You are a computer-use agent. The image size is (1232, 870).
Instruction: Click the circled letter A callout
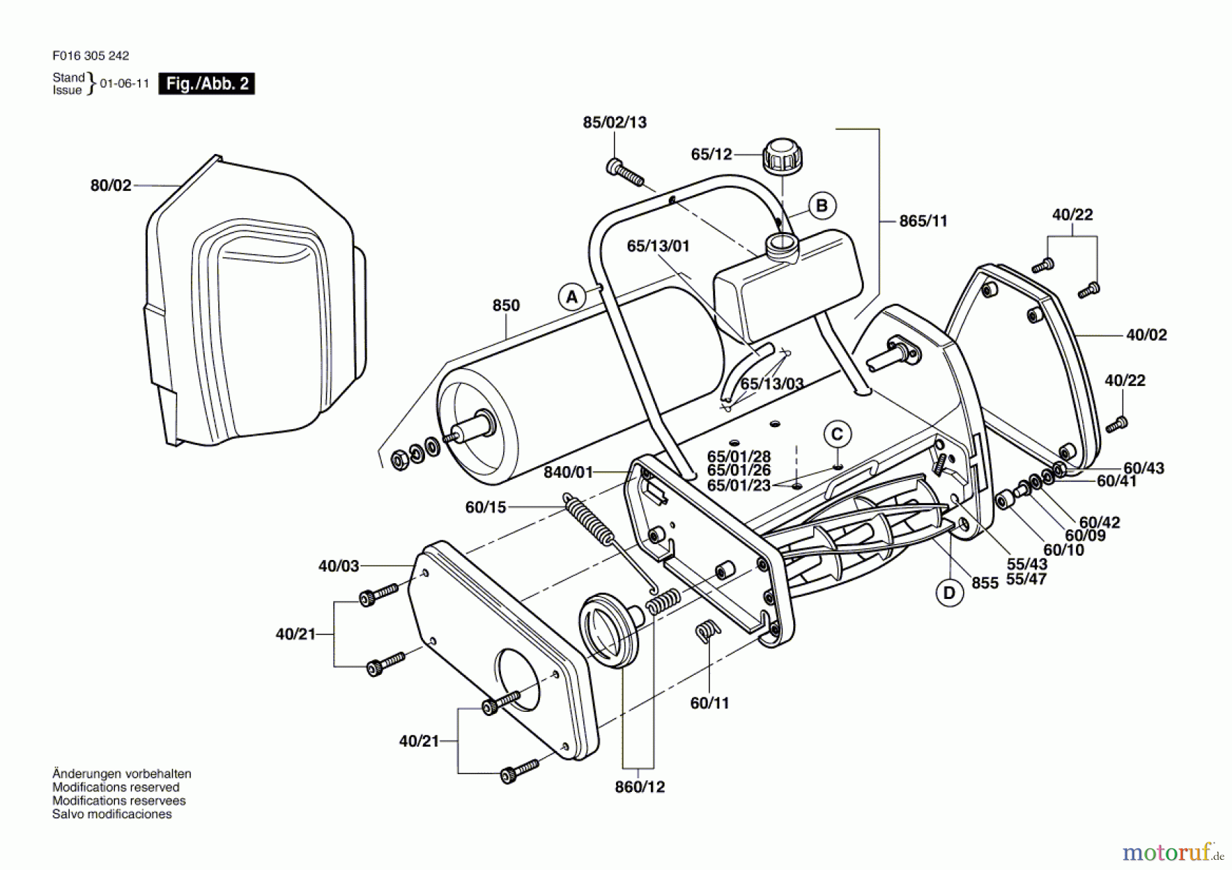click(x=572, y=297)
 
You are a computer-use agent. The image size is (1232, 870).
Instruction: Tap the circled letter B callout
click(x=822, y=205)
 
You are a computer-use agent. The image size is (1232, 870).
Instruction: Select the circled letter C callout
click(x=837, y=434)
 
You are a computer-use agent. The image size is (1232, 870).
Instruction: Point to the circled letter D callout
click(x=949, y=593)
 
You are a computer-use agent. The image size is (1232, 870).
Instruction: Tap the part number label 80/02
click(x=110, y=185)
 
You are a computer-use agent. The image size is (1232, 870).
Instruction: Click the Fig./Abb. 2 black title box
click(x=207, y=84)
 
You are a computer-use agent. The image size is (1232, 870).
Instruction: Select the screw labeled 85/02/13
click(x=625, y=172)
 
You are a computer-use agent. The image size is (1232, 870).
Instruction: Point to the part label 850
click(x=506, y=305)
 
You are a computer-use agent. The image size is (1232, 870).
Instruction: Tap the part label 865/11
click(x=923, y=221)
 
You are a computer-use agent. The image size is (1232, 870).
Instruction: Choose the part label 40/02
click(x=1146, y=335)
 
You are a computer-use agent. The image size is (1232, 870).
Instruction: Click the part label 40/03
click(x=338, y=566)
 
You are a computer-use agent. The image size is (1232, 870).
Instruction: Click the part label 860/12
click(x=639, y=787)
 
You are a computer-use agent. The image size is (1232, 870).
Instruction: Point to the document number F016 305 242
click(x=90, y=55)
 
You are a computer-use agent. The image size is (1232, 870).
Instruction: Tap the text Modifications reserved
click(x=116, y=787)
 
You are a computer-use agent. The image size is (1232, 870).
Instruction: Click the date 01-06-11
click(x=125, y=84)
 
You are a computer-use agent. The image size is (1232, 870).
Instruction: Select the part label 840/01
click(x=568, y=472)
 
